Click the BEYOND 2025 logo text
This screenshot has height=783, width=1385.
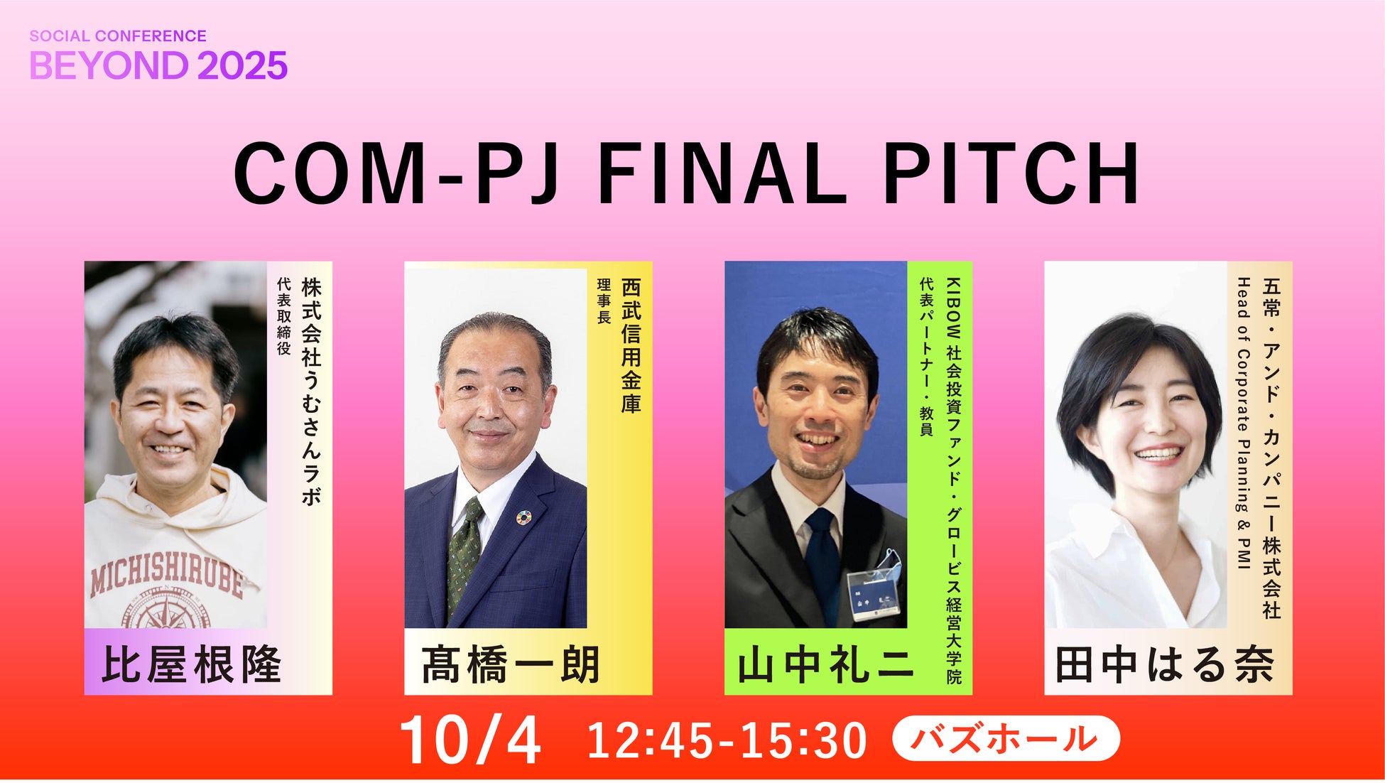158,65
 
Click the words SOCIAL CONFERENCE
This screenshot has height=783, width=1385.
118,36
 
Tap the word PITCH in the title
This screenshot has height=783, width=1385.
1011,173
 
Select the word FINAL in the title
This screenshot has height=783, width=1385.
723,173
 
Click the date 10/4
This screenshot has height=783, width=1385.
471,740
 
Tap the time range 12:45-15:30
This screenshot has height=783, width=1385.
727,740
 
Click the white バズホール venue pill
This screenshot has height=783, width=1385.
1006,738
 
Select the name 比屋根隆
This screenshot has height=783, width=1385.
192,664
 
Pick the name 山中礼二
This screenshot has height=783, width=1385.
826,665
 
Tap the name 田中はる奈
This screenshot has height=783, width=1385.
1165,664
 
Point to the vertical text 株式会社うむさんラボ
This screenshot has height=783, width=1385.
311,391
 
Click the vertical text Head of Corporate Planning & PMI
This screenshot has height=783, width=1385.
1243,423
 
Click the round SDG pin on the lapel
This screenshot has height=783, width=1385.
523,517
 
